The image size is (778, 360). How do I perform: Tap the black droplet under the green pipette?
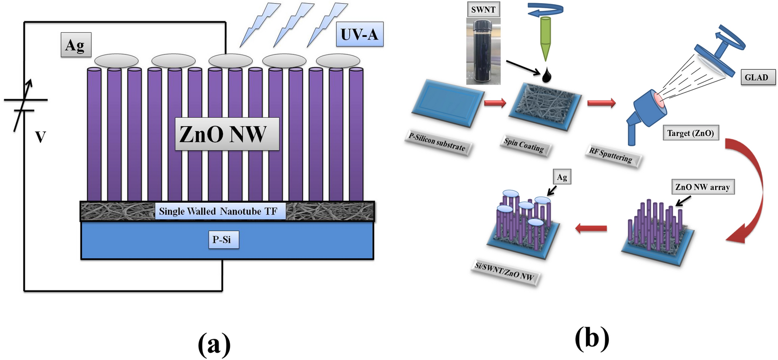pos(547,77)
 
